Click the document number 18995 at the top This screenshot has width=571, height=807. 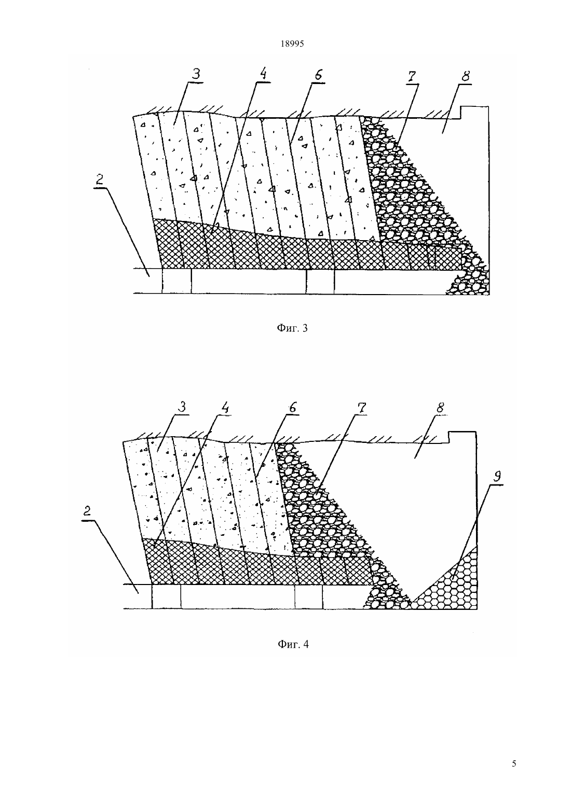click(x=292, y=44)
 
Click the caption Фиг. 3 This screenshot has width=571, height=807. click(x=292, y=328)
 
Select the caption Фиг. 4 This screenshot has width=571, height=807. click(x=293, y=644)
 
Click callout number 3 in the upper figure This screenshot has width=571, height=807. click(x=196, y=74)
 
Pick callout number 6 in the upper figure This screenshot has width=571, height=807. click(x=318, y=75)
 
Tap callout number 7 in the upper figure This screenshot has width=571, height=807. click(x=412, y=76)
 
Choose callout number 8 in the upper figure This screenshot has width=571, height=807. click(x=466, y=76)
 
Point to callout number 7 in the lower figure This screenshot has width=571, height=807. click(x=362, y=408)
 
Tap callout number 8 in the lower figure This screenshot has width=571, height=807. click(x=440, y=408)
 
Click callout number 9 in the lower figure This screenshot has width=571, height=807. click(x=497, y=477)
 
